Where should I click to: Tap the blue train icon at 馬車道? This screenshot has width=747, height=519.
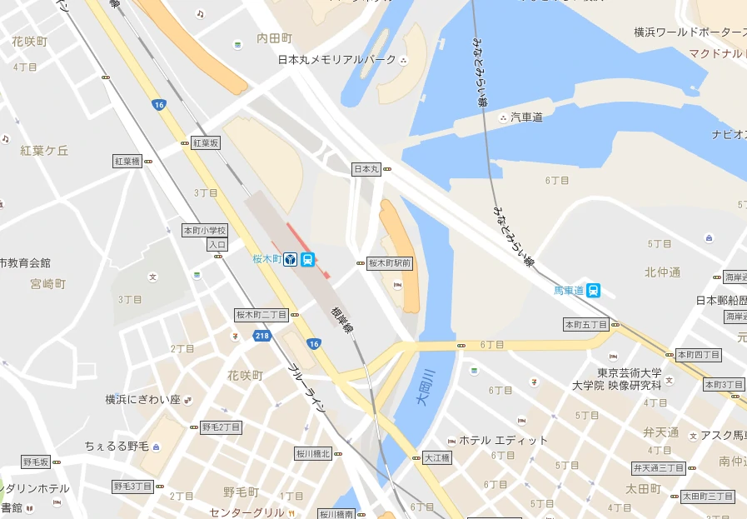point(593,291)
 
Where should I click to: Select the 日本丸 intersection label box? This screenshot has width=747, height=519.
point(366,169)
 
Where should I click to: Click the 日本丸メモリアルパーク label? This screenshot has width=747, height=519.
point(337,60)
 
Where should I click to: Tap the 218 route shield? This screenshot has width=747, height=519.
point(262,336)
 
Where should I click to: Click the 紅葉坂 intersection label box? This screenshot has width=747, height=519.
point(206,143)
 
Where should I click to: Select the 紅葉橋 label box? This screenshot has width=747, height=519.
point(127,161)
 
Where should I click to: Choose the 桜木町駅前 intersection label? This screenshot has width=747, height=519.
point(390,263)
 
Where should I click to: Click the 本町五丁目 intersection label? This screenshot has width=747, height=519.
point(586,324)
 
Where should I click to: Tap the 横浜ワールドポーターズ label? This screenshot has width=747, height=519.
point(690,32)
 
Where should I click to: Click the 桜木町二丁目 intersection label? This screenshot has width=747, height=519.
point(261,315)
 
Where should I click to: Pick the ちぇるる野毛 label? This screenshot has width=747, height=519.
point(117,447)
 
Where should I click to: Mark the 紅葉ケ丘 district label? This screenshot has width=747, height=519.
point(45,151)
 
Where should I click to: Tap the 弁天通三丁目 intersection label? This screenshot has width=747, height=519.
point(659,468)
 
